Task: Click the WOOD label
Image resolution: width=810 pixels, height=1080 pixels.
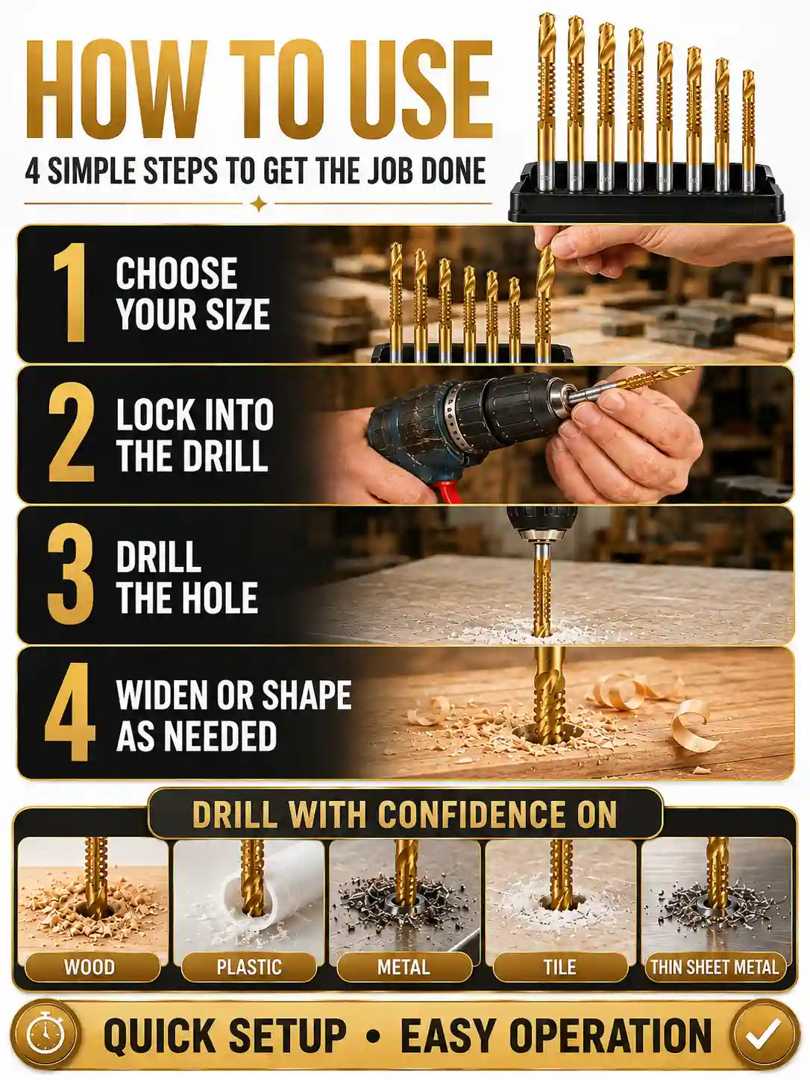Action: (89, 967)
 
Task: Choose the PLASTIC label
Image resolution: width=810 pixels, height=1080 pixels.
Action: (249, 967)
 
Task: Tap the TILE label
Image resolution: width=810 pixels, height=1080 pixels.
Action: (560, 967)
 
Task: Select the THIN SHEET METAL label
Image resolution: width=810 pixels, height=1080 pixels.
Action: (715, 967)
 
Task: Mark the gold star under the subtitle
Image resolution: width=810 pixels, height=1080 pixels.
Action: (259, 203)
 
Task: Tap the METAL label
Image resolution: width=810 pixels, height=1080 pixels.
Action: (404, 967)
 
